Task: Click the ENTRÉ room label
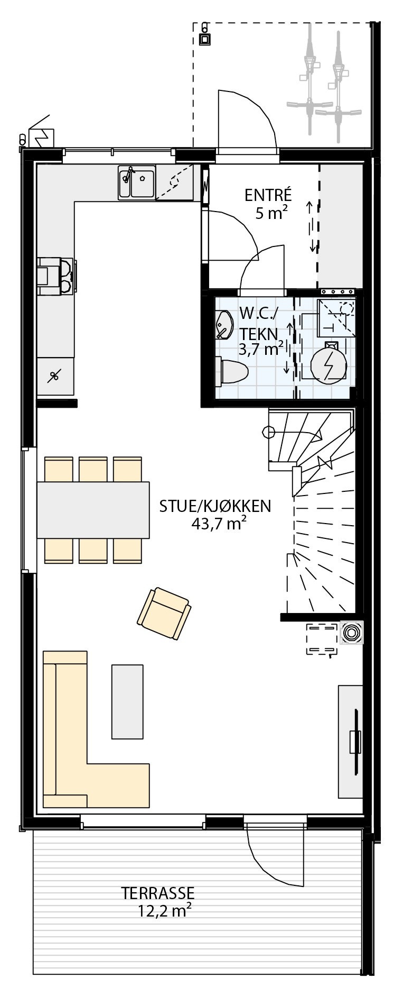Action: coord(268,195)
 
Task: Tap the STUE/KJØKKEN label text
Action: coord(215,506)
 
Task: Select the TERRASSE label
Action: coord(158,893)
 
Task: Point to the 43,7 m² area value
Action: coord(219,524)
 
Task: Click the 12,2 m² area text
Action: coord(164,911)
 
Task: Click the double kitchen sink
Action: coord(137,182)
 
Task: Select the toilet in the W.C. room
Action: coord(232,371)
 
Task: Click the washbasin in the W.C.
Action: coord(224,324)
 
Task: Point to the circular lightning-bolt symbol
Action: coord(328,365)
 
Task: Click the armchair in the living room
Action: coord(164,614)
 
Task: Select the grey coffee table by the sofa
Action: coord(127,701)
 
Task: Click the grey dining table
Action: coord(93,509)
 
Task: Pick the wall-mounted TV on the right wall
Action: coord(354,741)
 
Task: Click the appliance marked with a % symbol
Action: coord(54,377)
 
